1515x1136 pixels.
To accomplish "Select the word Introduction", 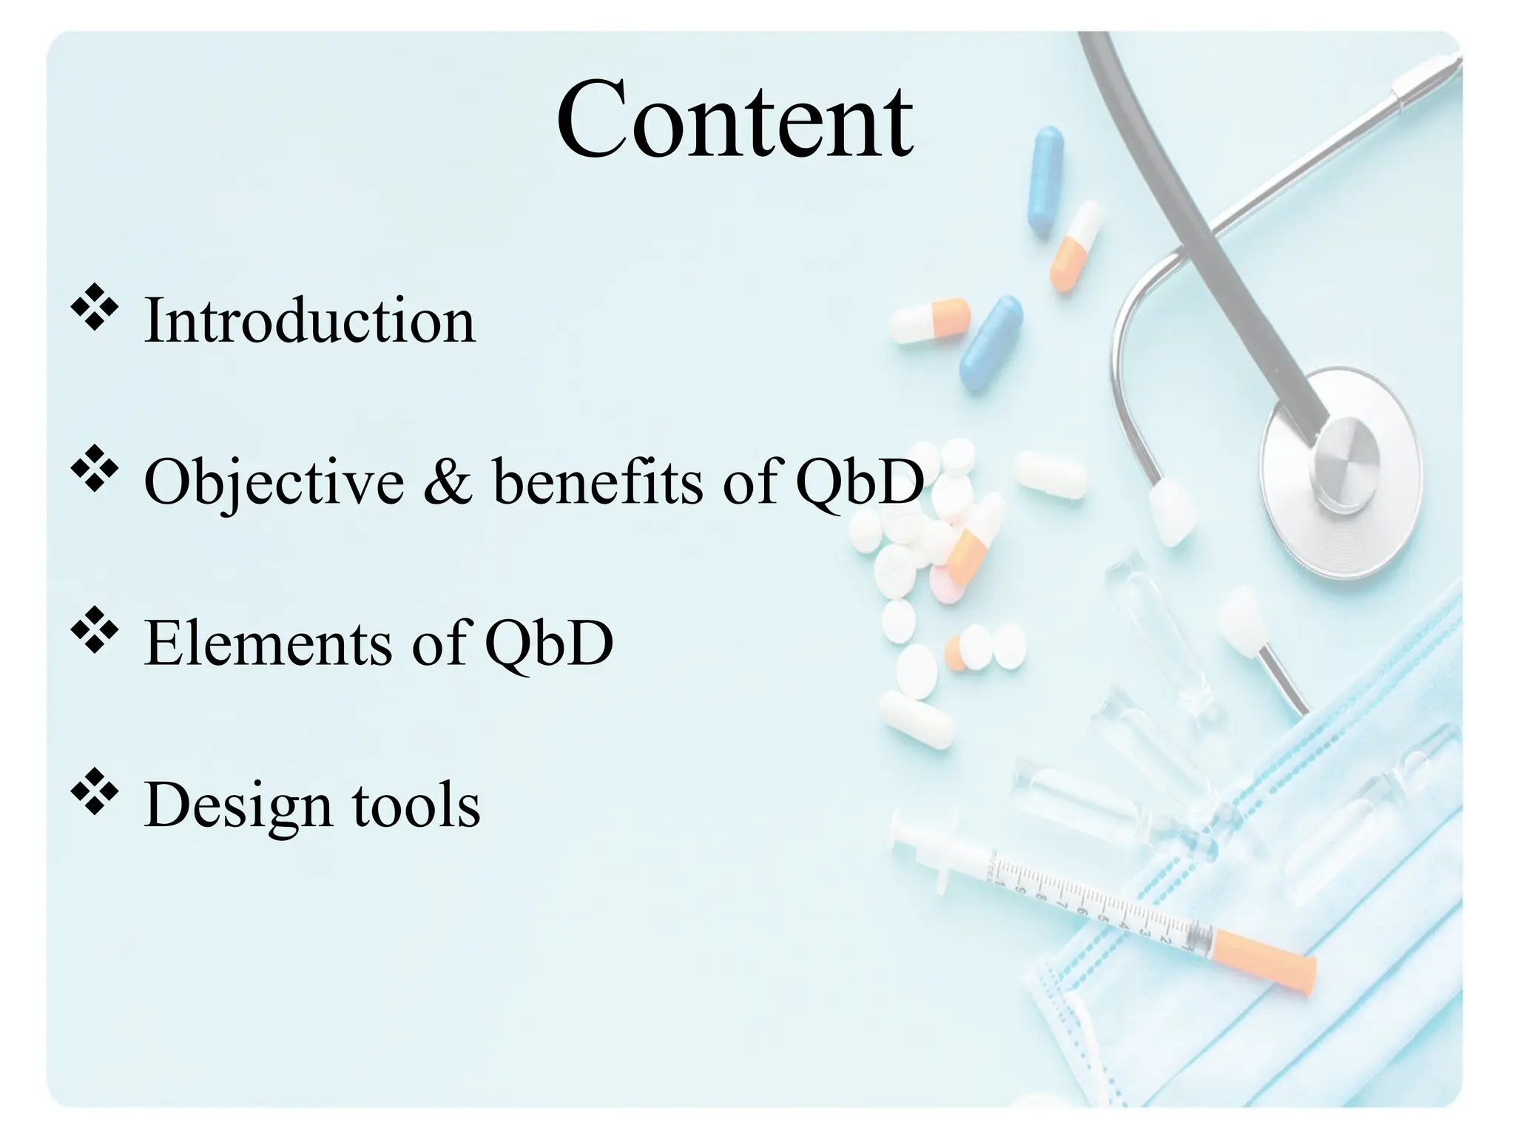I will (x=309, y=320).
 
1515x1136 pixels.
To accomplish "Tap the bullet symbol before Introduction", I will (x=94, y=310).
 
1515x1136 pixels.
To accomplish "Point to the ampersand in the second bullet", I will (x=448, y=482).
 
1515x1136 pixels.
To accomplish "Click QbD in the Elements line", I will (x=549, y=643).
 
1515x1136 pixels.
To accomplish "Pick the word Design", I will (x=237, y=805).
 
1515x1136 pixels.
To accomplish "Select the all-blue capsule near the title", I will (x=1045, y=181).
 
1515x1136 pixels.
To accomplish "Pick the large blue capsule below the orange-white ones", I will (x=991, y=345).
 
